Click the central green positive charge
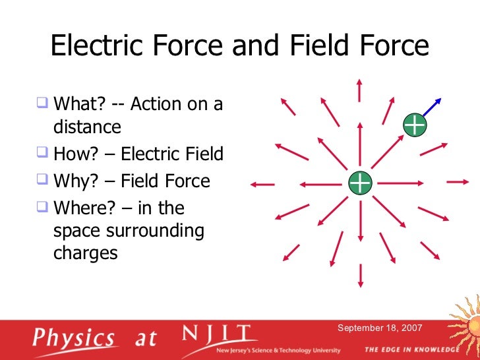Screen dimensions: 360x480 (360, 183)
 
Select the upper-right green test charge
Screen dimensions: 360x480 (414, 125)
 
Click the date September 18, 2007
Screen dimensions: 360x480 (380, 328)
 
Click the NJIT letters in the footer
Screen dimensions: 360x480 (217, 334)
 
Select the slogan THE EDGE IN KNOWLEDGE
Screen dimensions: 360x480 (411, 349)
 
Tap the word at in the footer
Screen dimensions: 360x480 (146, 339)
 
